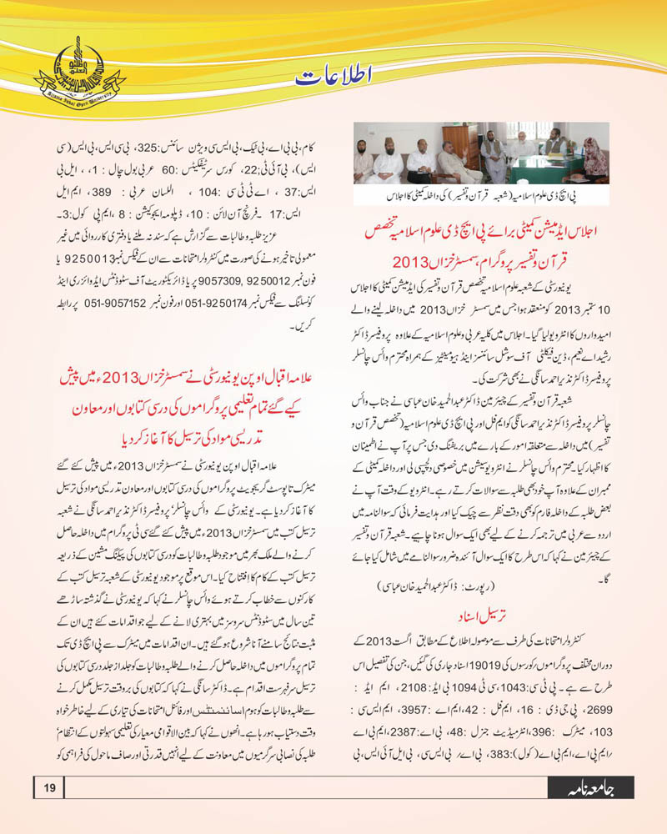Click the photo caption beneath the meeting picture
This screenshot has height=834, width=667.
click(x=482, y=197)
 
